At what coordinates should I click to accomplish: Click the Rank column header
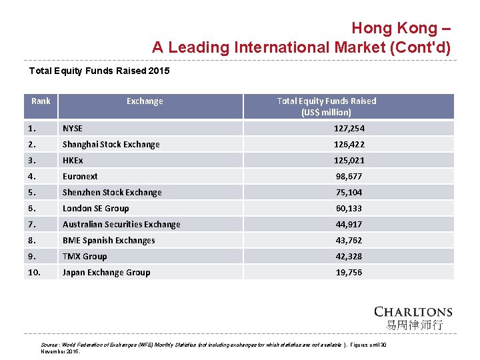point(41,101)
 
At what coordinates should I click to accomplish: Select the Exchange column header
point(145,101)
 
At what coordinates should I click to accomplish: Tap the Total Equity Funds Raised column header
point(326,106)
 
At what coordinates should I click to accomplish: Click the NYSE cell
point(73,128)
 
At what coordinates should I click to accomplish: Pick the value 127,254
point(349,128)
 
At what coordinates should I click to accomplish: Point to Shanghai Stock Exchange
point(111,144)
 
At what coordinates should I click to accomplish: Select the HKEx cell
point(73,160)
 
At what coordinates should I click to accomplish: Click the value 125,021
point(349,160)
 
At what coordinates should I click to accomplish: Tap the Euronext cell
point(80,176)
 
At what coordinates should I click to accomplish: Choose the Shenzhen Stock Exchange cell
point(112,192)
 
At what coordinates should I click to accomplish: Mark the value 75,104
point(349,192)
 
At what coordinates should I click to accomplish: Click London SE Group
point(95,208)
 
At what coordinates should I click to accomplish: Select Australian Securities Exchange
point(121,224)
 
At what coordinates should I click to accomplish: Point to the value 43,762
point(349,240)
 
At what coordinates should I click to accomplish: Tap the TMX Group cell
point(85,256)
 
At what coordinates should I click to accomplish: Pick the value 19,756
point(349,272)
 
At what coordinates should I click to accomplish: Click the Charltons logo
point(413,317)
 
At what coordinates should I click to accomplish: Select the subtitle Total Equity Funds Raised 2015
point(100,70)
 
